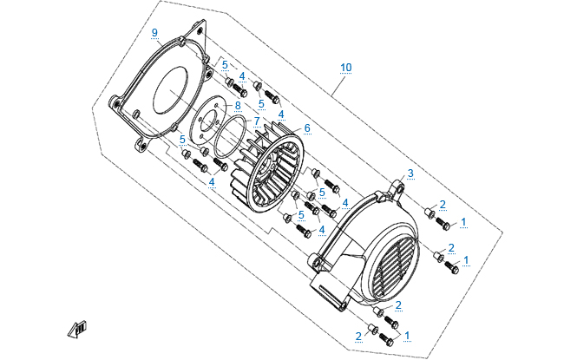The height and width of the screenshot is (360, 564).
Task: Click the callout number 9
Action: click(x=154, y=33)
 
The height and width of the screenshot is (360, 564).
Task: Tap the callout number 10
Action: click(x=346, y=67)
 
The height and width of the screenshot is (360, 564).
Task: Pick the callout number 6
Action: click(x=306, y=128)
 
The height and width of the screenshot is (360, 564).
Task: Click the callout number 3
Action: click(x=410, y=173)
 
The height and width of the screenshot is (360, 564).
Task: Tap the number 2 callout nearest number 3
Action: click(x=443, y=205)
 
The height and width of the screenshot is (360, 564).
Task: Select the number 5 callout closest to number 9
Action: click(x=224, y=65)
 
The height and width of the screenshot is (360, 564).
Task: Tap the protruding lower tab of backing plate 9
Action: click(x=140, y=143)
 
